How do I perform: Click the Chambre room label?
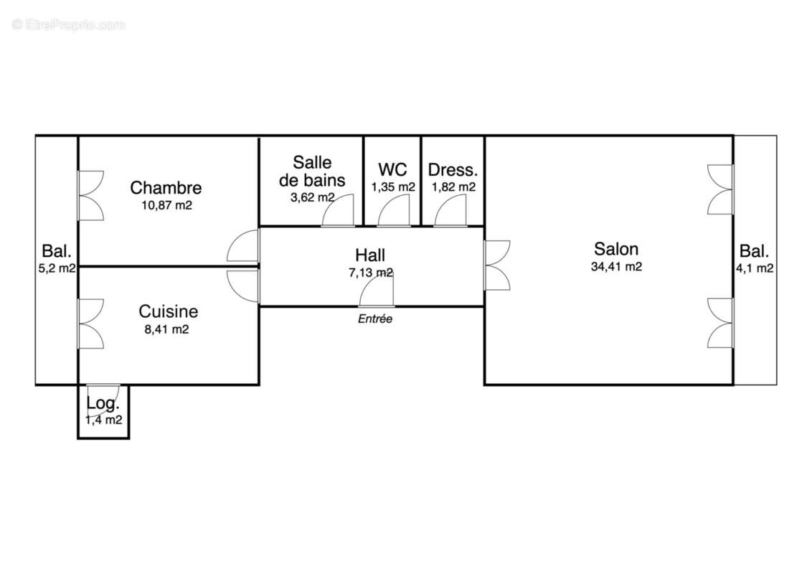[x=166, y=188]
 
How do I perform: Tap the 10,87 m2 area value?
[x=167, y=205]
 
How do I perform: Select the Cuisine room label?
[x=169, y=311]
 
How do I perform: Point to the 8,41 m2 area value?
[x=166, y=329]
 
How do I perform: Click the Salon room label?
[x=616, y=249]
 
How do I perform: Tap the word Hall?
[x=370, y=255]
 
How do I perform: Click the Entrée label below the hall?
[x=375, y=319]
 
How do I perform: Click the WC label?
[x=392, y=170]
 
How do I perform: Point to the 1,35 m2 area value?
[x=393, y=187]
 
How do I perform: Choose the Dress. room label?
[x=453, y=170]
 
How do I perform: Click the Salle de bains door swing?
[x=339, y=211]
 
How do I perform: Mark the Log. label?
[x=102, y=405]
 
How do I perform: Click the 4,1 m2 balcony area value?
[x=755, y=268]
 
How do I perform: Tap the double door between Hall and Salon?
[x=496, y=265]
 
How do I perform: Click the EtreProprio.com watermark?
[x=69, y=25]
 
